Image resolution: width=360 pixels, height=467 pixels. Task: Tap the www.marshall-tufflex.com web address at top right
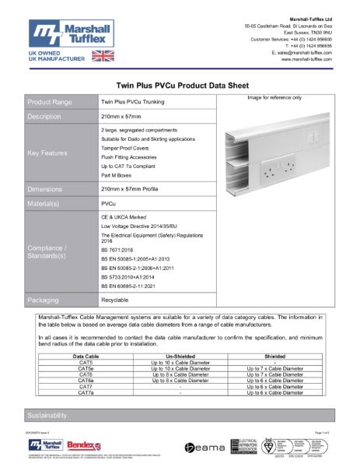coord(306,59)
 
